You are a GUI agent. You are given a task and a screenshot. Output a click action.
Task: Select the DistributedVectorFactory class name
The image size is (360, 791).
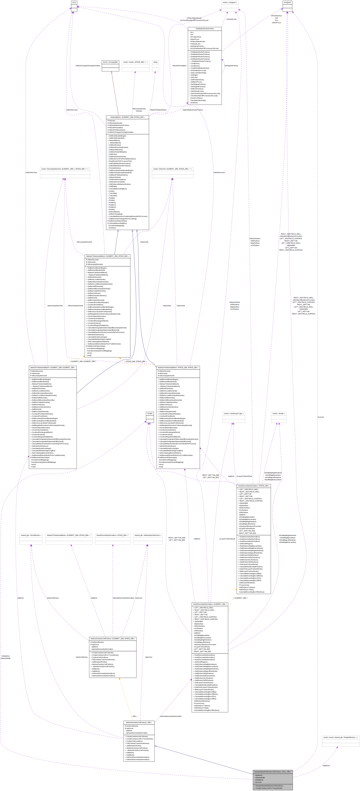coord(205,29)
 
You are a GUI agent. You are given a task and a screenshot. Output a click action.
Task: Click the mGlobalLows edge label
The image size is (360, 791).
coord(231,19)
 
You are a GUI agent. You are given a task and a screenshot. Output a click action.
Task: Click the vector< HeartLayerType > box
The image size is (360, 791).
coord(234,414)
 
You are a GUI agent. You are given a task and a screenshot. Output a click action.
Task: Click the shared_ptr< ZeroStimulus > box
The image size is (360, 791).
coord(31,535)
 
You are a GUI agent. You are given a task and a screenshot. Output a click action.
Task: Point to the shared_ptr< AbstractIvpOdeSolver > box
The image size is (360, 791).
coord(148,535)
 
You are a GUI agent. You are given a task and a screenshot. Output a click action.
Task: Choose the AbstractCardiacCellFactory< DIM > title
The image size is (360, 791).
coord(139,722)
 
